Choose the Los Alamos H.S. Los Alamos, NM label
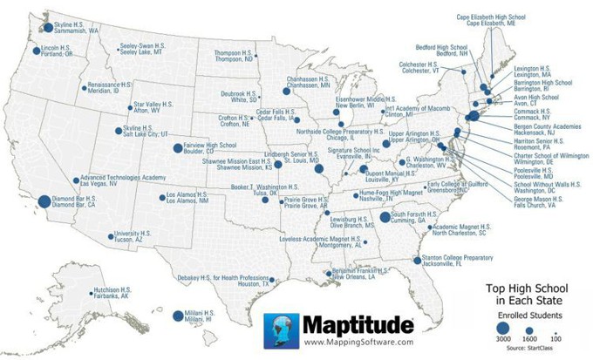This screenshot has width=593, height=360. [187, 197]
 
